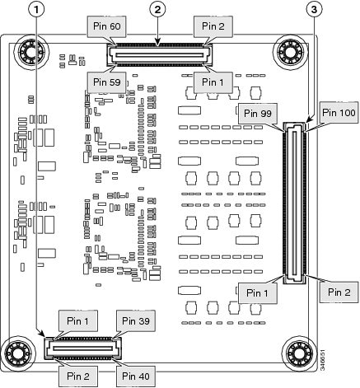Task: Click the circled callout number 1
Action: [x=36, y=10]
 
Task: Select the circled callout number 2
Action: [x=157, y=10]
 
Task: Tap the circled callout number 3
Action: [x=314, y=10]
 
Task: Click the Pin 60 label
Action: [x=107, y=26]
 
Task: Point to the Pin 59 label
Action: [x=107, y=82]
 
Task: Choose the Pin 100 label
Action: [x=339, y=112]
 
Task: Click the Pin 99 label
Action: [x=258, y=113]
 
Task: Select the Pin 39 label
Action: [x=136, y=320]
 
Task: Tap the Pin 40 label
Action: [x=136, y=376]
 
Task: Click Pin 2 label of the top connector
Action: [x=213, y=26]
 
